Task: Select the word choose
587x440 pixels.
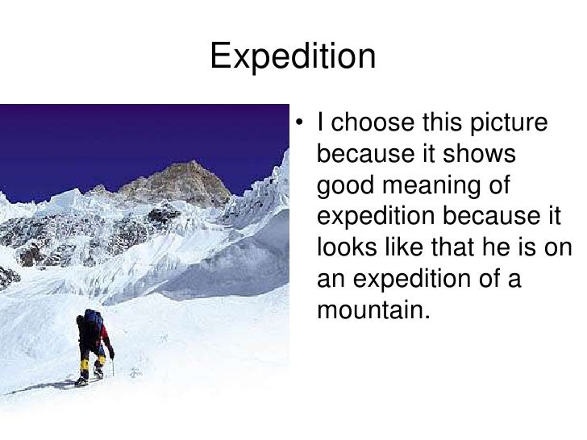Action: click(370, 124)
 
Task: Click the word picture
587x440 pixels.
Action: click(507, 124)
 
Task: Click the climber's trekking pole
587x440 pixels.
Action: click(112, 367)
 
